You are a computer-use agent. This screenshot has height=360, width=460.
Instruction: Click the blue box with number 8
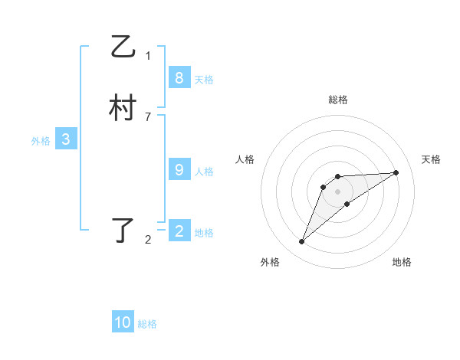[179, 78]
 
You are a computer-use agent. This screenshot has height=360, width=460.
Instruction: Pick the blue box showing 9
[179, 170]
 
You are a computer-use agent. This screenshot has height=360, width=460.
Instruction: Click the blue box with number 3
[66, 139]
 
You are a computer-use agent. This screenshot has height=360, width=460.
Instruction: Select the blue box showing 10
[123, 322]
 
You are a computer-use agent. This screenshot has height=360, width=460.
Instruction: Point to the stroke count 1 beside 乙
[148, 55]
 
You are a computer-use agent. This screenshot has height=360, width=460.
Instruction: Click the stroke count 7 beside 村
[148, 116]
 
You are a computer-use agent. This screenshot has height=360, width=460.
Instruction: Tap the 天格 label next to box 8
[204, 80]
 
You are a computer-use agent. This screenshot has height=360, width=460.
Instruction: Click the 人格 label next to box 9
[204, 172]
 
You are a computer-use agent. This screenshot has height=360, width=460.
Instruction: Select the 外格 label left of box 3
[41, 141]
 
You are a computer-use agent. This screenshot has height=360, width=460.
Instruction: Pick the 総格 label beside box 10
[147, 324]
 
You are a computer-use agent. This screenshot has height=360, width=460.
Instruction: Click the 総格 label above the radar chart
[338, 100]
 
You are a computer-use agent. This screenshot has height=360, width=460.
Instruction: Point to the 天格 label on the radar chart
[432, 159]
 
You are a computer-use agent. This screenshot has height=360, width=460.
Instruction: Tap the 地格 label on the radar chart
[402, 262]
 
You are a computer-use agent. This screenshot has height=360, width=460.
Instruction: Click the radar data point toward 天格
[396, 172]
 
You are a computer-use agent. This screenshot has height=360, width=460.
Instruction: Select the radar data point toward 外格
[302, 242]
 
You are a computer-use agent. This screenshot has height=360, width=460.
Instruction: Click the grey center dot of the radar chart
[338, 191]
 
